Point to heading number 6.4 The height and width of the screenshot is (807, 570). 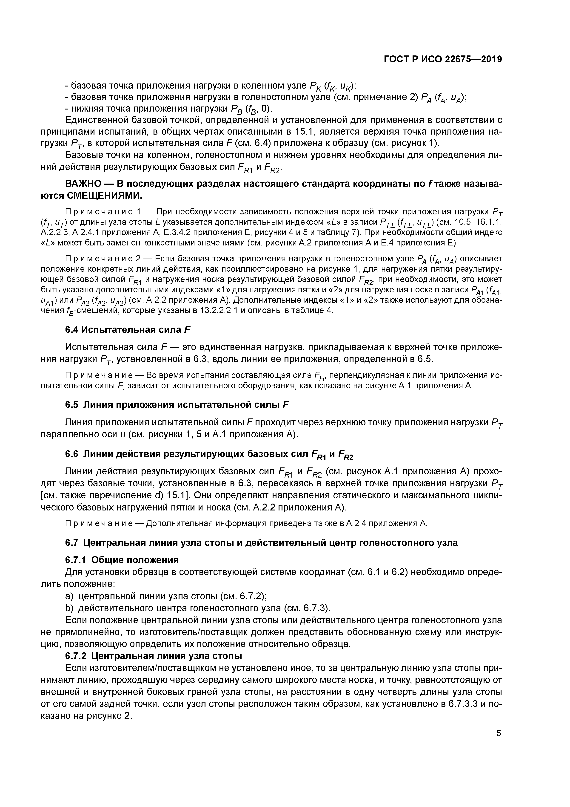coord(72,330)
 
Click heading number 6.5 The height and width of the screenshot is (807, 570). coord(72,405)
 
